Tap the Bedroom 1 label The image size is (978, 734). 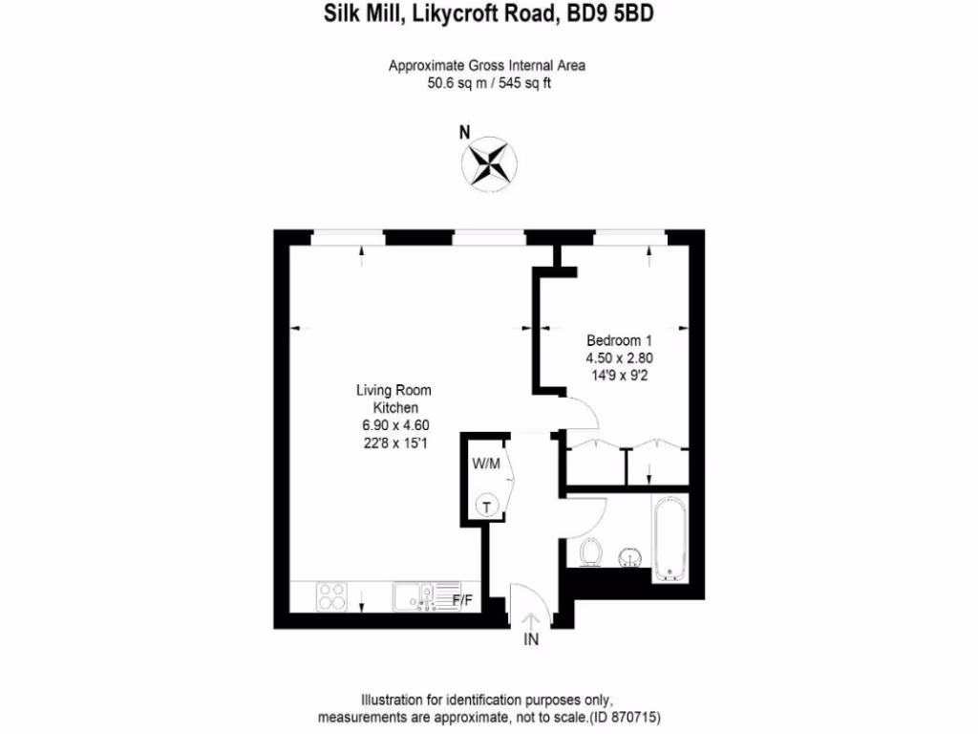619,340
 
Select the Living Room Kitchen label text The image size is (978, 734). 393,399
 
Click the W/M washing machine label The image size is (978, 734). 486,463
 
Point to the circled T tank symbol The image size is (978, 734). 487,506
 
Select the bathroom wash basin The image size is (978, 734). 630,556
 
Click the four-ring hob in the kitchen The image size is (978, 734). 332,597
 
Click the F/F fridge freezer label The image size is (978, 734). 462,600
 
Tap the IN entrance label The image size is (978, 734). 531,640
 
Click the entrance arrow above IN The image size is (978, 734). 531,618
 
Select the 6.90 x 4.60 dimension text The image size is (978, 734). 393,424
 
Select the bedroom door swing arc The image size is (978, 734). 585,414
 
